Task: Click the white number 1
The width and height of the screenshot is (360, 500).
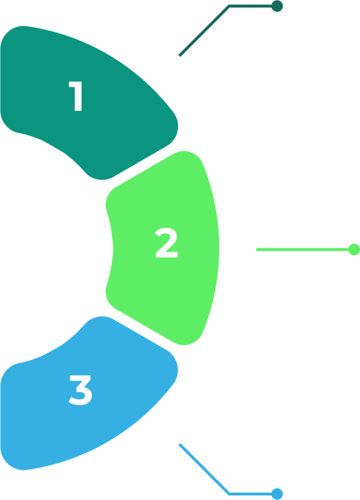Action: pos(77,97)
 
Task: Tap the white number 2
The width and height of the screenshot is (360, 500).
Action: pos(167,243)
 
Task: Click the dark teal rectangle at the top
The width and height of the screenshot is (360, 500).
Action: pos(229,37)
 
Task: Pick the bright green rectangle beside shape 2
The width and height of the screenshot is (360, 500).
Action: pos(298,252)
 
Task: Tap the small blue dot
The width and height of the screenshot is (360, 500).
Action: pos(277,494)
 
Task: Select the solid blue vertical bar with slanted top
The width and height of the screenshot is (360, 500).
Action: pos(250,451)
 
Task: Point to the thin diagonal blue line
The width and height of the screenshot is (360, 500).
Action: pos(203,469)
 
